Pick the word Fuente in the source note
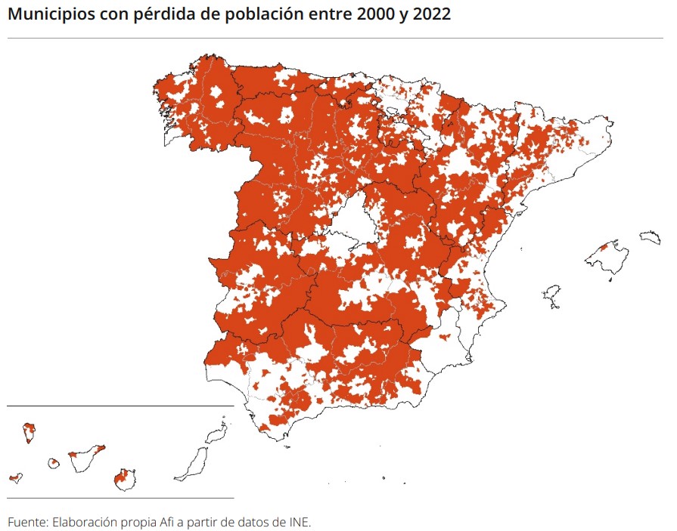27,522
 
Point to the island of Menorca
651,238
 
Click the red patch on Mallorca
604,247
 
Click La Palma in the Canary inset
30,433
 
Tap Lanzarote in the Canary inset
218,433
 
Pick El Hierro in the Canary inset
14,478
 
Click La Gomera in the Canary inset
54,463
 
